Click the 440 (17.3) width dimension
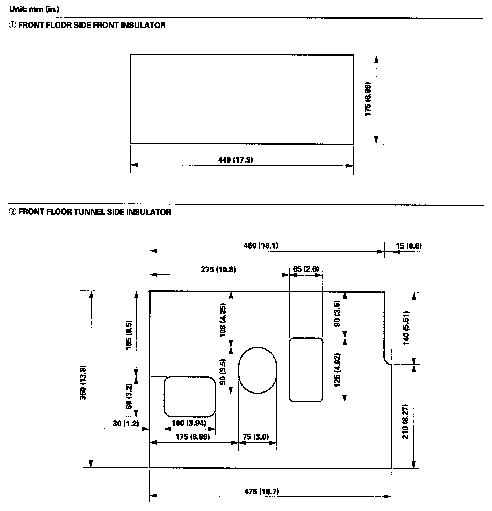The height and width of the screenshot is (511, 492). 235,160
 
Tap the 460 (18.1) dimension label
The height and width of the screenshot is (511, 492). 261,245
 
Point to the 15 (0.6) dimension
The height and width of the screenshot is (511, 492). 408,246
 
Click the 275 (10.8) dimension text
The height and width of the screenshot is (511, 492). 218,269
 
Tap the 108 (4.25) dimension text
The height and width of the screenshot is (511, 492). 223,319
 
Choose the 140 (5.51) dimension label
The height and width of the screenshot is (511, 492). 406,328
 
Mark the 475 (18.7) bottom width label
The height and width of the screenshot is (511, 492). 261,491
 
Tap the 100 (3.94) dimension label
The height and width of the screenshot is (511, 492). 189,423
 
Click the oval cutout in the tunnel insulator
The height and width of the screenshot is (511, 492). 258,370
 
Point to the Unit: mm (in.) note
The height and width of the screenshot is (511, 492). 34,9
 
